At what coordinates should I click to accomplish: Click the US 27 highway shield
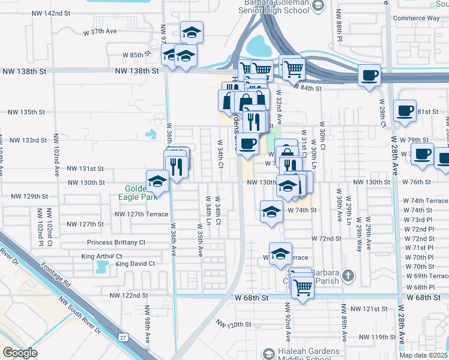[123, 338]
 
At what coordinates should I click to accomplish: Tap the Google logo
[20, 353]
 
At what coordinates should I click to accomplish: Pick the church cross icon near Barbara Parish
[347, 276]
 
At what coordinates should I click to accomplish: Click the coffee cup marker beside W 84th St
[369, 76]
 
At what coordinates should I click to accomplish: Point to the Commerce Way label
[417, 17]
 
